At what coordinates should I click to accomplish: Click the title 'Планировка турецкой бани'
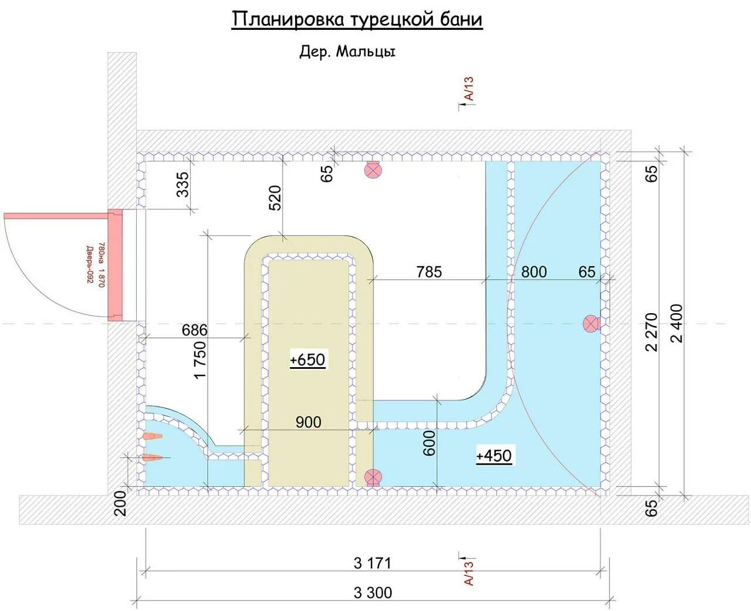coord(357,19)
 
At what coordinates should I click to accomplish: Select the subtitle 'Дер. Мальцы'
coord(347,52)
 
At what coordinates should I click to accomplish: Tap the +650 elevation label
coord(307,360)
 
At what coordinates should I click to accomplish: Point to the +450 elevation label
coord(493,456)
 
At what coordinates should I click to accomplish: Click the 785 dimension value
coord(429,272)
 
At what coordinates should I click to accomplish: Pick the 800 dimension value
coord(534,272)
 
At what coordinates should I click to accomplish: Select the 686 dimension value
coord(195,330)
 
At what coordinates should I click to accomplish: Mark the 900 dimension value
coord(309,422)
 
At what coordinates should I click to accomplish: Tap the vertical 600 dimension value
coord(429,443)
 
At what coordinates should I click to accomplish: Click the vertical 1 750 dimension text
coord(200,360)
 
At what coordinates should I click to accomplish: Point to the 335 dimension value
coord(182,184)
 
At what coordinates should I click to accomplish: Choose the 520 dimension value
coord(275,198)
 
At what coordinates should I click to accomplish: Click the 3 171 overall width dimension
coord(373,564)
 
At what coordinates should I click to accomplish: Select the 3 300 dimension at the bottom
coord(373,593)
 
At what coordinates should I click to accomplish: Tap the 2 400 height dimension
coord(677,324)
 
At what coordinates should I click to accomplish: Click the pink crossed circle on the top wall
coord(373,170)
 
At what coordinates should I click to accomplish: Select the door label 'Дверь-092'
coord(90,265)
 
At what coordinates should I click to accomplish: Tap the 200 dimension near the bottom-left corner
coord(121,503)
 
